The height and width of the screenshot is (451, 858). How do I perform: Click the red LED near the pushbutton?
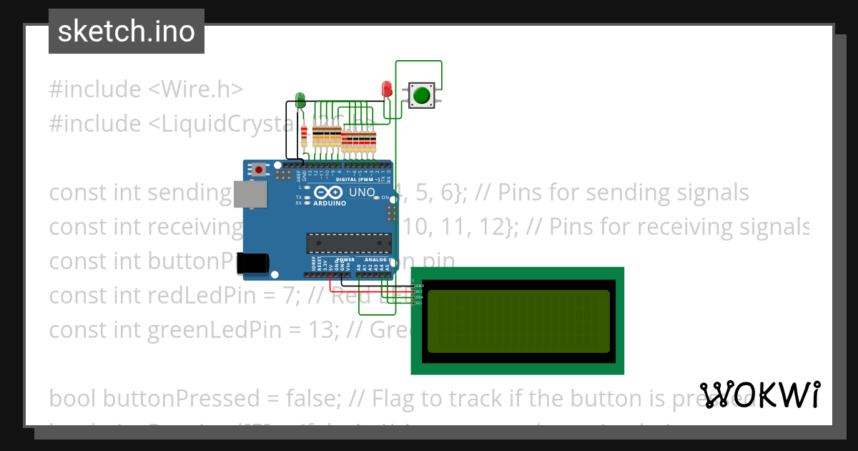[387, 89]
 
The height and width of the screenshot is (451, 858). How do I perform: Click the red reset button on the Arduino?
[258, 170]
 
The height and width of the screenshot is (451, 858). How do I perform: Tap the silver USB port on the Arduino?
[251, 193]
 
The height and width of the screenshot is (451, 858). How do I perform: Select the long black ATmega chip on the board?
[349, 243]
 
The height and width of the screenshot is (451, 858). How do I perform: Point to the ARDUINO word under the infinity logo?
[329, 203]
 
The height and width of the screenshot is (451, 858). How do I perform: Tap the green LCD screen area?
[518, 321]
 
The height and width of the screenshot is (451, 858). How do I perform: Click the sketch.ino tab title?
[127, 31]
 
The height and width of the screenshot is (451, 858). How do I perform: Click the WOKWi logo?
[759, 394]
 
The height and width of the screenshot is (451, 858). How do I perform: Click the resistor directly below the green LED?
[305, 135]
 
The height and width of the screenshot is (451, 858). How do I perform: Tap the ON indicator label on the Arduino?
[384, 198]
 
